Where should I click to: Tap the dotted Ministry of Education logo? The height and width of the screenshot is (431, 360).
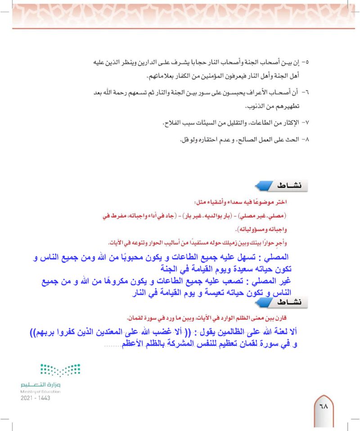pos(59,371)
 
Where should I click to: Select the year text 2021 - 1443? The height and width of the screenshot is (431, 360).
pos(35,398)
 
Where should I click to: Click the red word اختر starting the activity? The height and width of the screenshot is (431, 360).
pos(283,201)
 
